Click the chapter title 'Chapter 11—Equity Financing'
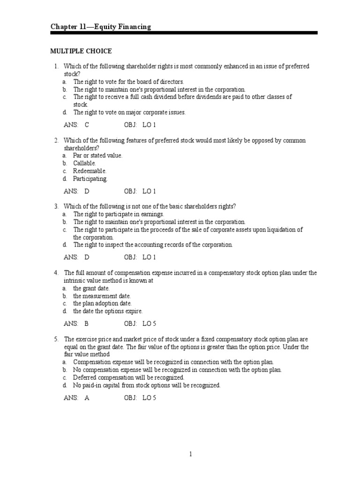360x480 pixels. pyautogui.click(x=101, y=27)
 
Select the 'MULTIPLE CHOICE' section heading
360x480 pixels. pyautogui.click(x=81, y=51)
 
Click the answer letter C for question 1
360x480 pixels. pyautogui.click(x=87, y=125)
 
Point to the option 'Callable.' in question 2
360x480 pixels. pyautogui.click(x=84, y=163)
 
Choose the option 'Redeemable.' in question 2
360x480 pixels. pyautogui.click(x=90, y=171)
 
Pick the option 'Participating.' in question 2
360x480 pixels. pyautogui.click(x=90, y=179)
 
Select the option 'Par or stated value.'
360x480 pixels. pyautogui.click(x=97, y=155)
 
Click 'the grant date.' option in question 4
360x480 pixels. pyautogui.click(x=91, y=288)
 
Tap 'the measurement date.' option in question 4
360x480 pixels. pyautogui.click(x=102, y=296)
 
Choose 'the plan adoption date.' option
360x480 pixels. pyautogui.click(x=102, y=304)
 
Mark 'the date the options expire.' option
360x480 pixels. pyautogui.click(x=107, y=311)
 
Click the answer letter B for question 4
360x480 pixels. pyautogui.click(x=87, y=323)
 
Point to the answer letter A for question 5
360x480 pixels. pyautogui.click(x=87, y=397)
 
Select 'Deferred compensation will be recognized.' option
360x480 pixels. pyautogui.click(x=128, y=377)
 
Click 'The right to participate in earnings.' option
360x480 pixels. pyautogui.click(x=119, y=214)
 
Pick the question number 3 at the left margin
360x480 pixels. pyautogui.click(x=56, y=206)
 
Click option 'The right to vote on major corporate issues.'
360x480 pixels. pyautogui.click(x=129, y=112)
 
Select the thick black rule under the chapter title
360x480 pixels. pyautogui.click(x=184, y=33)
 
